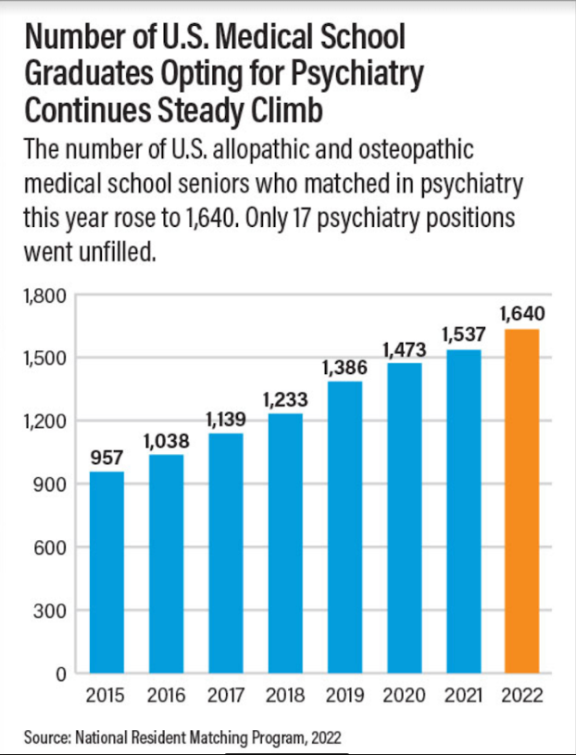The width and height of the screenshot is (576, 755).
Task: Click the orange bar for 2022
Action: point(523,500)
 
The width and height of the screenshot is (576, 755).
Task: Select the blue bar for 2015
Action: point(106,572)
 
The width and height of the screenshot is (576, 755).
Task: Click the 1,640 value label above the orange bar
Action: point(523,313)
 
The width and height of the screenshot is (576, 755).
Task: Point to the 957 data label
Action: point(106,457)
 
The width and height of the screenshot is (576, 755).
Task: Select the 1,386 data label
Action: point(344,367)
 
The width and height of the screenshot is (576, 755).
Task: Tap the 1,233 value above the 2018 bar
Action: point(285,399)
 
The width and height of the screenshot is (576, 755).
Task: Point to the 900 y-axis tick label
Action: point(48,484)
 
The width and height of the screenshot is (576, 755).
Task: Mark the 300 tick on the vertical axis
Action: point(48,610)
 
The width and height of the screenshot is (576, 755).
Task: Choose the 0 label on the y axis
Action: point(58,673)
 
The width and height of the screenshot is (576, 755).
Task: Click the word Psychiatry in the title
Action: point(341,73)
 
